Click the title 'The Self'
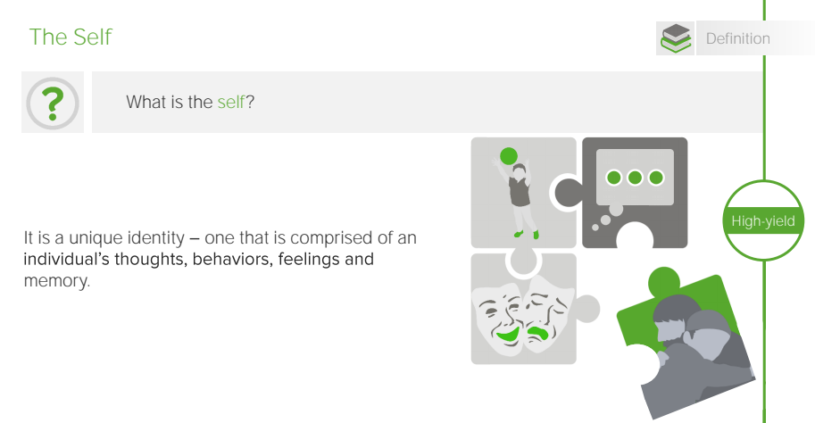point(71,37)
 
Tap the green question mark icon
point(53,103)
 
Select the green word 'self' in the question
point(231,102)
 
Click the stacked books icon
point(675,38)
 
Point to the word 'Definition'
point(737,38)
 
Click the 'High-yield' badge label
point(763,220)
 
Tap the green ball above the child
point(508,156)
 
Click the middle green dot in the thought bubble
point(635,178)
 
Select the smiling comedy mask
point(498,318)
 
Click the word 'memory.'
point(56,281)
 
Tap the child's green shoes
point(527,235)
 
